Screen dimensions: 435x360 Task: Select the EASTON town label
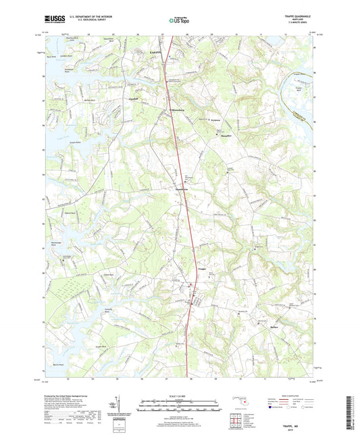coord(155,51)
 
